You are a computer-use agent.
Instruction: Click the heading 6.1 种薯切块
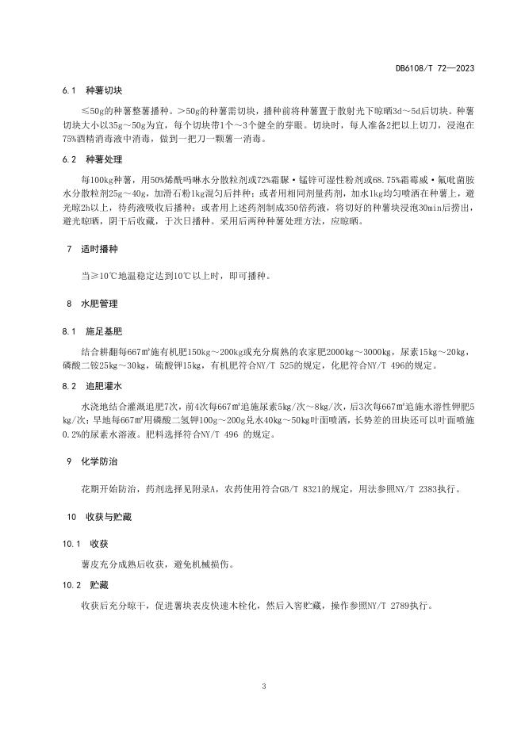(90, 90)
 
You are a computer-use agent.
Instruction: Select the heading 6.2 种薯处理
(90, 159)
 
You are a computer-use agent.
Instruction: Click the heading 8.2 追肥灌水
(90, 385)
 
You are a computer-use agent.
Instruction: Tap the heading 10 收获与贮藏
(91, 517)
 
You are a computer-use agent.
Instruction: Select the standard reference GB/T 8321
(302, 489)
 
